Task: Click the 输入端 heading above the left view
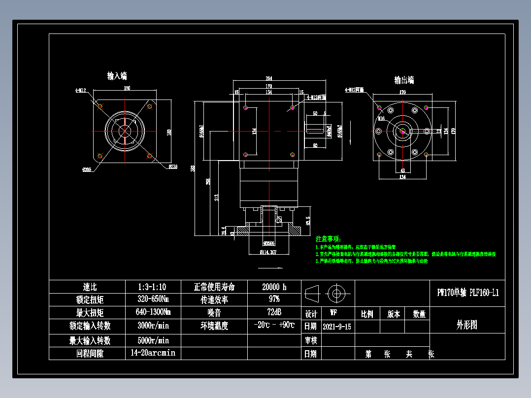(x=117, y=76)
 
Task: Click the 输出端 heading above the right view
(x=404, y=80)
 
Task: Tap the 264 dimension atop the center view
(x=269, y=79)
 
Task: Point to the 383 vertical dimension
(x=193, y=168)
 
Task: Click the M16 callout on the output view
(x=381, y=119)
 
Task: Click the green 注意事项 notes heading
(x=328, y=238)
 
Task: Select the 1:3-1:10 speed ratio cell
(x=152, y=287)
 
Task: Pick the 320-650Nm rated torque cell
(x=152, y=299)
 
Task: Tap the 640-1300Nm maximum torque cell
(x=152, y=312)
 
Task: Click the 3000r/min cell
(x=152, y=326)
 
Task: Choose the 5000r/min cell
(x=152, y=340)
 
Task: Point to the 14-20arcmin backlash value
(x=152, y=353)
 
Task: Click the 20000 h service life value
(x=274, y=287)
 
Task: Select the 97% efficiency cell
(x=274, y=299)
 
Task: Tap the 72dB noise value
(x=274, y=312)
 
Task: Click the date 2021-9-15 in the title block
(x=337, y=327)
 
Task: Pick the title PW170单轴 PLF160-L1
(x=467, y=293)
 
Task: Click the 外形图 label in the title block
(x=467, y=325)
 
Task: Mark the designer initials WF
(x=333, y=313)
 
